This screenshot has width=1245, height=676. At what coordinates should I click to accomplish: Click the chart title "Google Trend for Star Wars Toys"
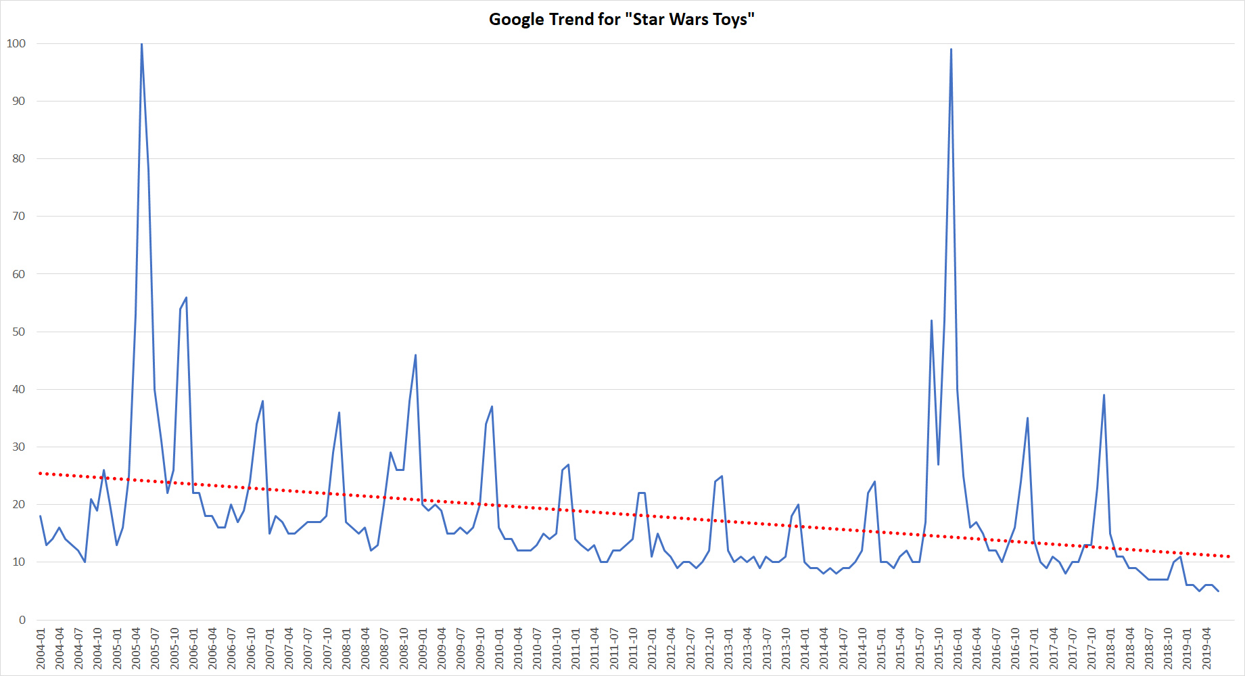point(621,20)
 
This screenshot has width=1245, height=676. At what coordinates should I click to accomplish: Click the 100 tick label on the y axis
point(16,43)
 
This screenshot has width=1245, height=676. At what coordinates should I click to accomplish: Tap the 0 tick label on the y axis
point(22,620)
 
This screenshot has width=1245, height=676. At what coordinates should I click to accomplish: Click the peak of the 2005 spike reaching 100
point(141,44)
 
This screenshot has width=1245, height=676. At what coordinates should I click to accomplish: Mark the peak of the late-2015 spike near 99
point(951,49)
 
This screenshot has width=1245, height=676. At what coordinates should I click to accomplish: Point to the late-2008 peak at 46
point(415,355)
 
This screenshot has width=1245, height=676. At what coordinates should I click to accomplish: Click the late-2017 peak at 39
point(1104,395)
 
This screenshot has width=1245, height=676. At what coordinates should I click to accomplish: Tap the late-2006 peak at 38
point(262,401)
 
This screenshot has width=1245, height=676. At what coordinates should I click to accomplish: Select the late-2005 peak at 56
point(186,298)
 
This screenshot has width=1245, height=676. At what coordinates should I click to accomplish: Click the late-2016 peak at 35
point(1027,418)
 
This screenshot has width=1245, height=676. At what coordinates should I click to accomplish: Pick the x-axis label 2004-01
point(41,648)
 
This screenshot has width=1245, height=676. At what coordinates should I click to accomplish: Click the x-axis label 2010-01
point(499,648)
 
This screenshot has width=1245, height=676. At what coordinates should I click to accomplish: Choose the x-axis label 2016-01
point(958,648)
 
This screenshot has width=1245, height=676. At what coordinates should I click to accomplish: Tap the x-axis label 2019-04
point(1206,648)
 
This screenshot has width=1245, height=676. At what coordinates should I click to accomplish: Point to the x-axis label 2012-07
point(690,648)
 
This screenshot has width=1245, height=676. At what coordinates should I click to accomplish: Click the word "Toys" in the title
point(733,20)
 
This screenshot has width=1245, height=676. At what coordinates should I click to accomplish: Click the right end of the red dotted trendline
point(1229,556)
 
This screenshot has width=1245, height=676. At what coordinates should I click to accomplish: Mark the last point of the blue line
point(1218,591)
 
